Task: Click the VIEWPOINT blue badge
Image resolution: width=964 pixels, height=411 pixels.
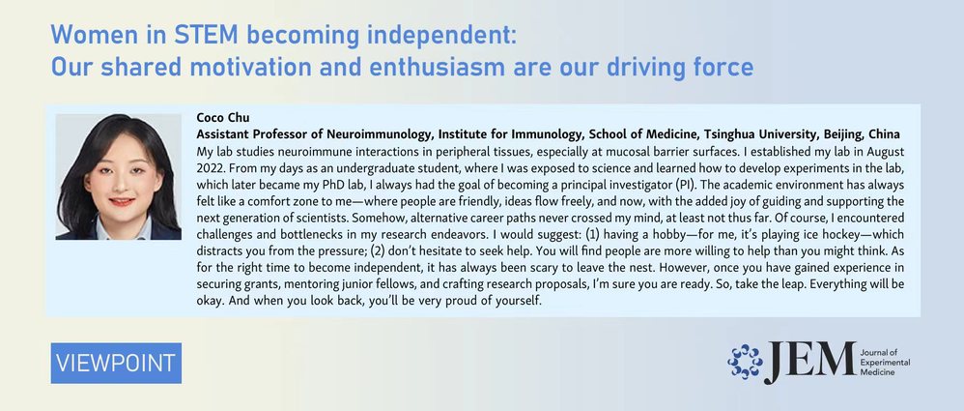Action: coord(116,363)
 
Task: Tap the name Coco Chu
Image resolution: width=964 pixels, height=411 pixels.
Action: coord(222,118)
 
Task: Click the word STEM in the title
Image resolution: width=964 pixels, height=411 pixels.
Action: coord(206,36)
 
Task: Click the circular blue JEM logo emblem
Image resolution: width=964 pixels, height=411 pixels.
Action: coord(745,362)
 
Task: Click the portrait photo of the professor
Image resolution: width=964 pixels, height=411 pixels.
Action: coord(119,177)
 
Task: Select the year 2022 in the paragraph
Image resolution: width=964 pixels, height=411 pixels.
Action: coord(209,167)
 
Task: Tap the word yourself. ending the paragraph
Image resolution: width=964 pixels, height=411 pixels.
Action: coord(519,302)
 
